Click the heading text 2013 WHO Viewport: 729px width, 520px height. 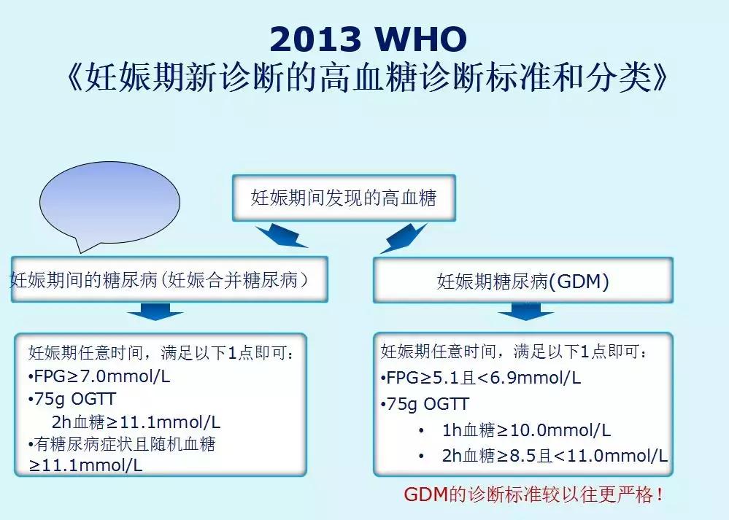tap(367, 39)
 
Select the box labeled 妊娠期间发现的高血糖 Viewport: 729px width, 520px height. tap(344, 198)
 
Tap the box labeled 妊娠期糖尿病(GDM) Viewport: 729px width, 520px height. tap(522, 282)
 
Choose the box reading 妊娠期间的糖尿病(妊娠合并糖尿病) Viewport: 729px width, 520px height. tap(169, 279)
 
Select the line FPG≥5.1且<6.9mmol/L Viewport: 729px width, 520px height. tap(481, 378)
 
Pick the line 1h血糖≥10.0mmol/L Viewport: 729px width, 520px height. tap(526, 430)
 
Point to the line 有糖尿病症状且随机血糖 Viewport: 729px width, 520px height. tap(123, 443)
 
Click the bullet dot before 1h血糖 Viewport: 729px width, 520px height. tap(421, 431)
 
